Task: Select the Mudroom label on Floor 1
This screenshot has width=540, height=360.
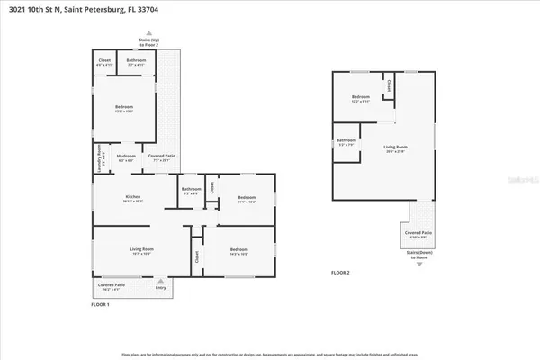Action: point(126,157)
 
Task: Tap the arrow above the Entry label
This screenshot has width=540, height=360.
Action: point(162,281)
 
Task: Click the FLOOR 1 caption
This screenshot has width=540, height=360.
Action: point(100,305)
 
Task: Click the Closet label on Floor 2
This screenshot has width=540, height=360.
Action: point(389,85)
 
